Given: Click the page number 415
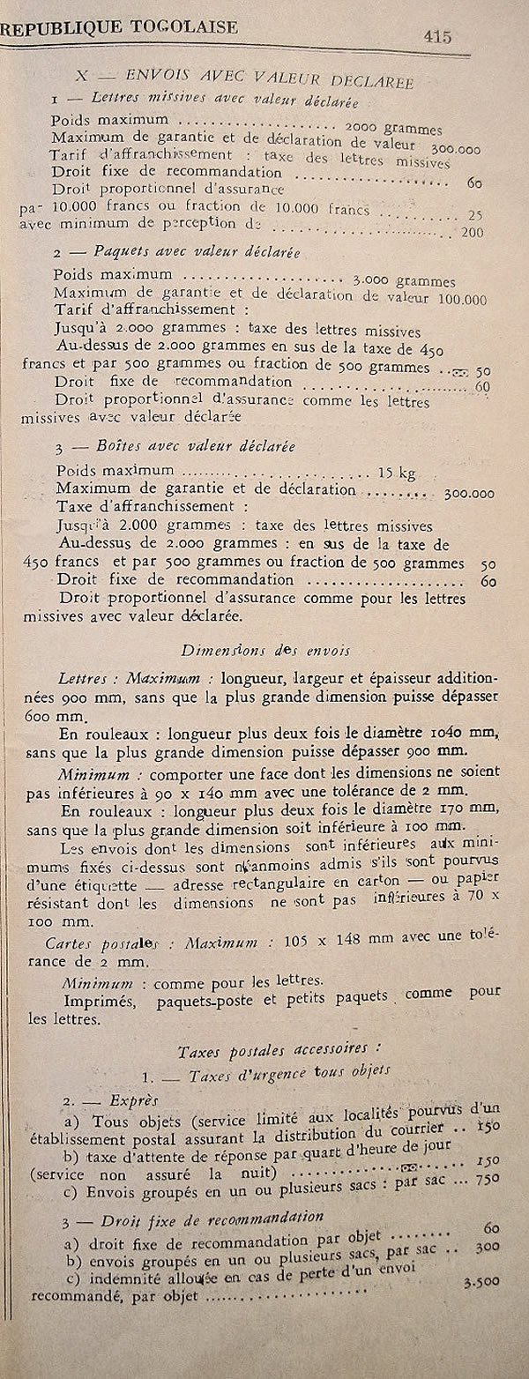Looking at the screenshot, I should point(436,36).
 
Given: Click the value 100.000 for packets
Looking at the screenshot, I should point(463,299).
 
